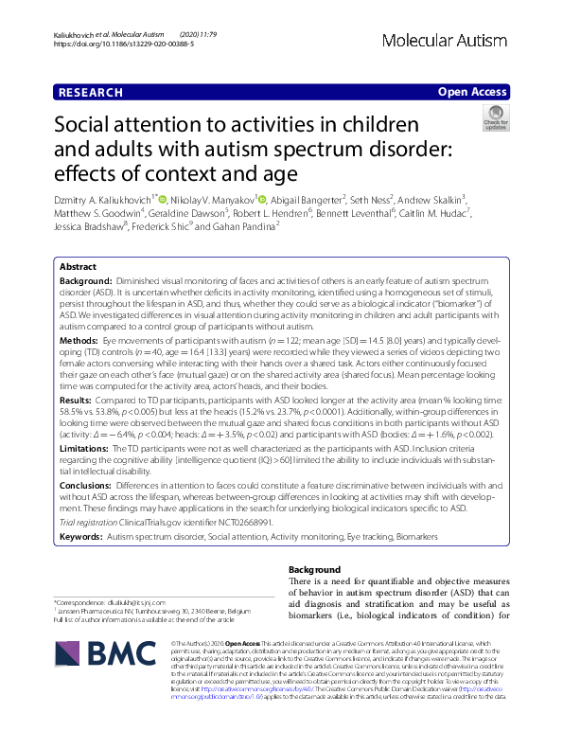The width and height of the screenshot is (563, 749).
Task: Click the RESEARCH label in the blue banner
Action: pos(90,93)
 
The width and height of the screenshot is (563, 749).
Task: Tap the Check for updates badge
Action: pos(496,118)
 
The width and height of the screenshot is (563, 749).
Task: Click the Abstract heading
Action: pos(78,267)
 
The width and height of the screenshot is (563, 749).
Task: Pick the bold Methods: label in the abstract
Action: pos(79,339)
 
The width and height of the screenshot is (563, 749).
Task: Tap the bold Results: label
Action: pos(77,401)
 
